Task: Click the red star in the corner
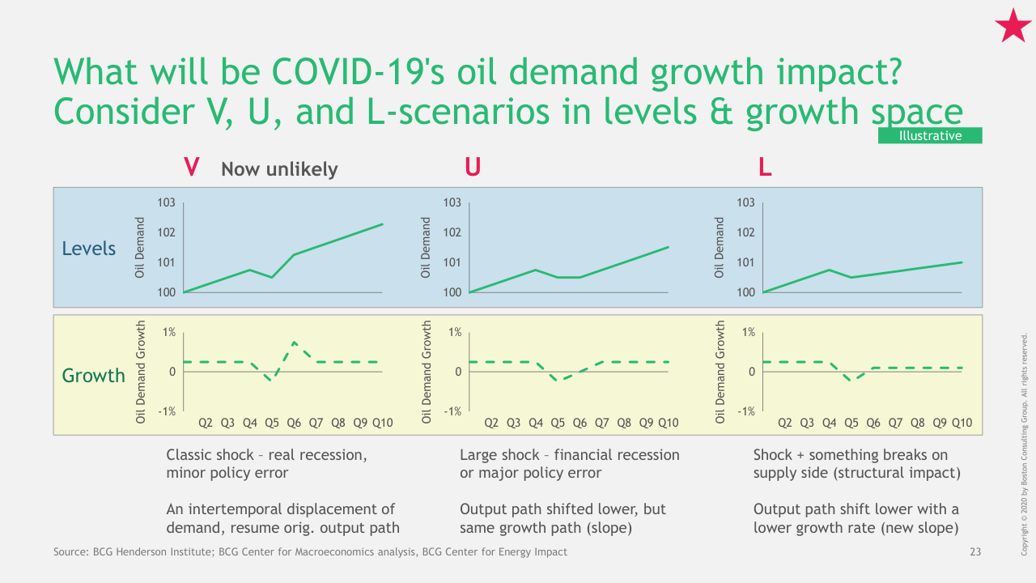click(x=1013, y=26)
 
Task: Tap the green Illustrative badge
click(x=930, y=136)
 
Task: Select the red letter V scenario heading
click(x=192, y=168)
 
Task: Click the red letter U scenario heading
click(x=472, y=168)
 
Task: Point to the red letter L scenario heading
click(x=765, y=168)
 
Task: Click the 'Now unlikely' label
click(x=279, y=169)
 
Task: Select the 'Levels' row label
click(x=89, y=249)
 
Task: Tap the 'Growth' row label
click(x=93, y=376)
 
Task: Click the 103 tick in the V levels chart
click(x=167, y=202)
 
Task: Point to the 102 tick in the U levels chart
click(x=452, y=232)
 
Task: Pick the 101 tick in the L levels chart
click(x=746, y=262)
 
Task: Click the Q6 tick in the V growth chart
click(x=294, y=423)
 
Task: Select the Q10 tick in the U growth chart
click(x=668, y=423)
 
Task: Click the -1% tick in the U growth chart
click(x=452, y=411)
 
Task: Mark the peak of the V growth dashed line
click(x=295, y=343)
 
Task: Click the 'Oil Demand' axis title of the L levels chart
click(x=720, y=247)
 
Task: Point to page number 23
click(x=974, y=552)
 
